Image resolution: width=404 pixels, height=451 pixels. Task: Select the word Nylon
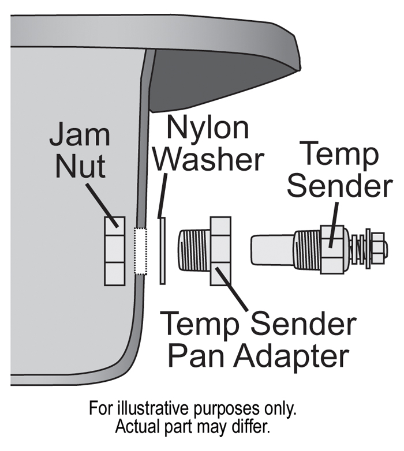[209, 127]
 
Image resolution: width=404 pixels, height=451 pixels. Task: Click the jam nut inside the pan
[114, 251]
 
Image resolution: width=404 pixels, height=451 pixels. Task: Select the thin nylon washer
[163, 251]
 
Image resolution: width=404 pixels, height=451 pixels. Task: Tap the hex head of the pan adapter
[221, 251]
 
